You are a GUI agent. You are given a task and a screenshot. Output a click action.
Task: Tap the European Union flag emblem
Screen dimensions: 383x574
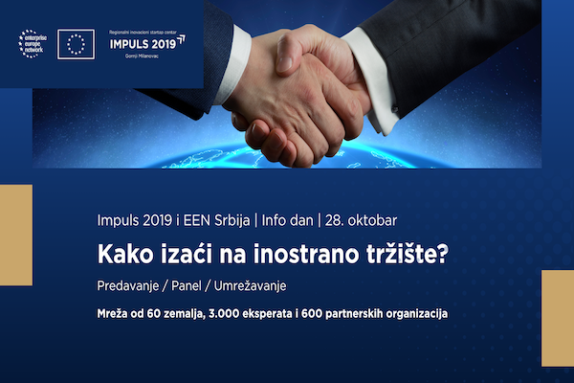click(x=77, y=43)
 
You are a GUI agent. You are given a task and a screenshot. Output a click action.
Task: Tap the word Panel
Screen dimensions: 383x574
click(x=197, y=286)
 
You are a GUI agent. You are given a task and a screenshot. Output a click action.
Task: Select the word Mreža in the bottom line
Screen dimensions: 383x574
click(x=116, y=313)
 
